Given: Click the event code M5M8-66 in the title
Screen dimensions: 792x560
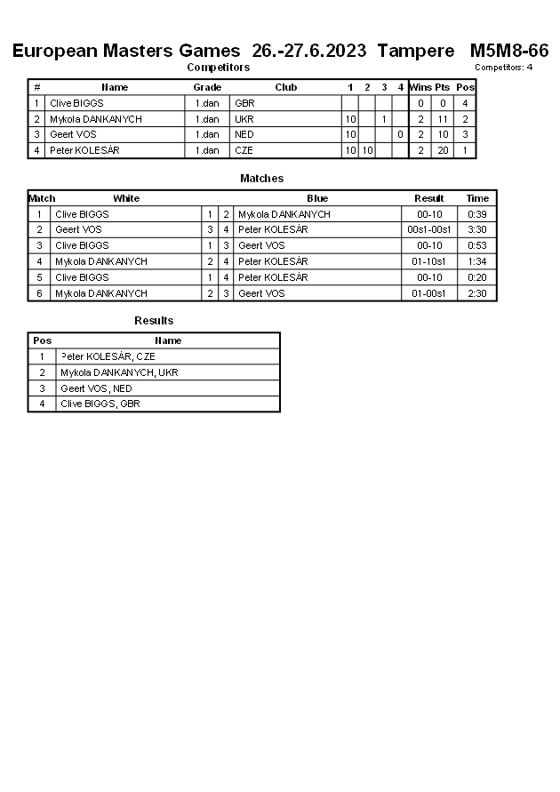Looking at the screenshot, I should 509,51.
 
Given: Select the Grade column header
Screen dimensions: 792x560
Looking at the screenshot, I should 207,87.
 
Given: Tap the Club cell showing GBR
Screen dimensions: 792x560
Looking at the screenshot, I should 244,103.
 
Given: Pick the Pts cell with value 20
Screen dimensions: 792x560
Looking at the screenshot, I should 443,150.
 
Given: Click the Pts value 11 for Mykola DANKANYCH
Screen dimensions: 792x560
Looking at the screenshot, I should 443,119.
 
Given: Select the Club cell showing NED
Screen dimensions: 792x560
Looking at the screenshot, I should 244,134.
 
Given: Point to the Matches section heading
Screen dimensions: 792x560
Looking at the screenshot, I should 262,179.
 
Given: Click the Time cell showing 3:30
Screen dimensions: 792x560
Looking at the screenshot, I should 477,229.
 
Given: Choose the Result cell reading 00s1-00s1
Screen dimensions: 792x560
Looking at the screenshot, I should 429,229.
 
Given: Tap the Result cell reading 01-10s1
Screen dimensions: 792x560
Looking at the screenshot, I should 429,261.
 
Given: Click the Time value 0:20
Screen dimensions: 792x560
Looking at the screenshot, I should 477,277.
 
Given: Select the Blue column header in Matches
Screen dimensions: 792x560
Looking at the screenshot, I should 317,198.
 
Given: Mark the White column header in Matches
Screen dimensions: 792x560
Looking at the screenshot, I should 126,198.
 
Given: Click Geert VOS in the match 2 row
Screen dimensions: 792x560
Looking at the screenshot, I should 78,229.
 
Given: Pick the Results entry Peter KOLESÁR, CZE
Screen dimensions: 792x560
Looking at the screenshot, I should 108,356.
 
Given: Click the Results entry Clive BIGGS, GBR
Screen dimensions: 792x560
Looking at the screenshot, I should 100,404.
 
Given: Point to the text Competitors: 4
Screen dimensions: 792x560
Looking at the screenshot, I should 503,67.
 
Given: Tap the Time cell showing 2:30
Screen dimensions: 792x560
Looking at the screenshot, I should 477,293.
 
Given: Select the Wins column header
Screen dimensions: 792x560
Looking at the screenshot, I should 420,87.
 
